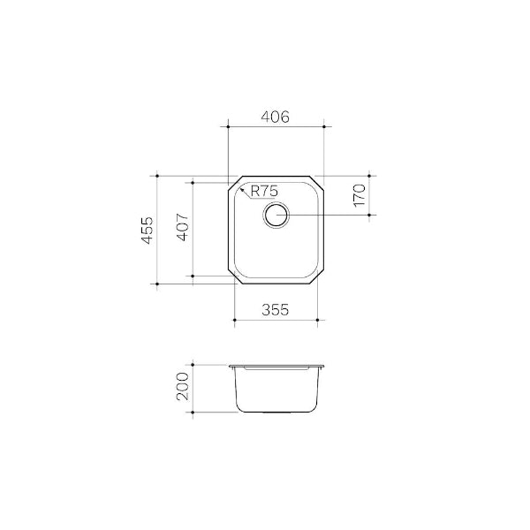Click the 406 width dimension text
click(276, 117)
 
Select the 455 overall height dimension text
click(148, 230)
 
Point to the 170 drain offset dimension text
click(359, 195)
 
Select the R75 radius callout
click(265, 190)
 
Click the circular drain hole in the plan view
click(276, 216)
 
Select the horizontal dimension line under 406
click(276, 127)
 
